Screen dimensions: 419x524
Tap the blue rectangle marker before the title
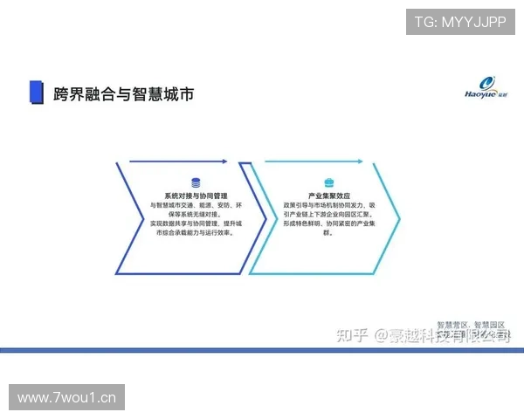tap(37, 93)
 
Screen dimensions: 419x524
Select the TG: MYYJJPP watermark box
tap(460, 22)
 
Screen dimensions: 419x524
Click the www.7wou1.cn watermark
tap(67, 398)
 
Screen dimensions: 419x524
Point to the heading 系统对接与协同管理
tap(195, 196)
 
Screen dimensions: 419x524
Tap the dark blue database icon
tap(195, 182)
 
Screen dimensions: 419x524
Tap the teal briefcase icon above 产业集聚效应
tap(329, 182)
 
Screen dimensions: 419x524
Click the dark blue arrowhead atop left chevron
tap(224, 161)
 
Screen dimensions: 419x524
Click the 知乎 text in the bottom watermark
tap(351, 335)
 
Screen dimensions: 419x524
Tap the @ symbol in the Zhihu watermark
tap(380, 335)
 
